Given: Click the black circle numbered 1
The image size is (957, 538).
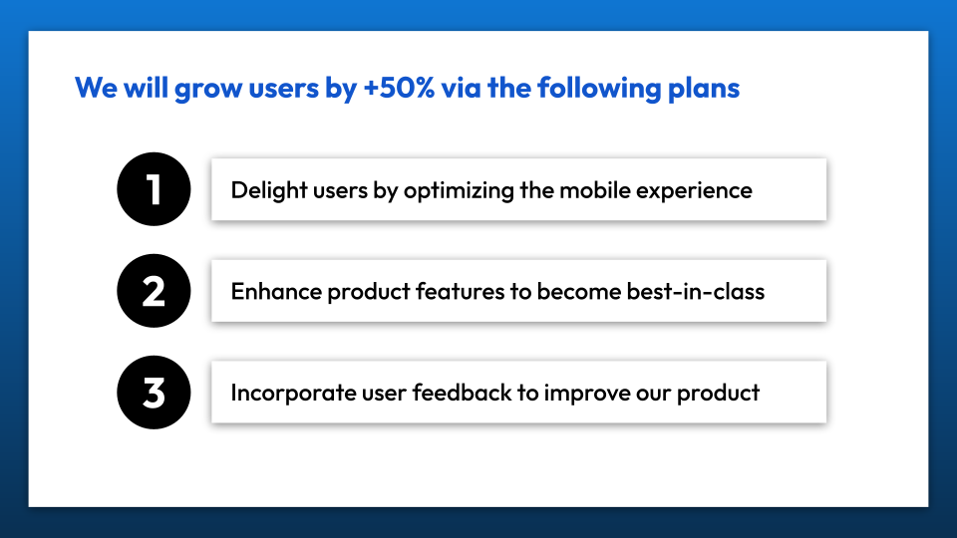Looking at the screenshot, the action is (x=154, y=189).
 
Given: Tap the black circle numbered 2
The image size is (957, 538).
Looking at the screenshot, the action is (x=154, y=291).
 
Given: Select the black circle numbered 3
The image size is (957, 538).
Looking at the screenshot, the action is (x=154, y=393).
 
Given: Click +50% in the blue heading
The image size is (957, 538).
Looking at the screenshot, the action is (x=399, y=88).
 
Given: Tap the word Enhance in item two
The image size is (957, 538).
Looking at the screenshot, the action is (x=276, y=292).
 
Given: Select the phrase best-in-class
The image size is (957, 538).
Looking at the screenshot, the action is (x=696, y=292).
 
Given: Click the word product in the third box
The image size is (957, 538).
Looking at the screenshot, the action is (x=719, y=394).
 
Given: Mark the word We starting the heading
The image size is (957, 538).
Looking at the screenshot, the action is (x=96, y=88).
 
